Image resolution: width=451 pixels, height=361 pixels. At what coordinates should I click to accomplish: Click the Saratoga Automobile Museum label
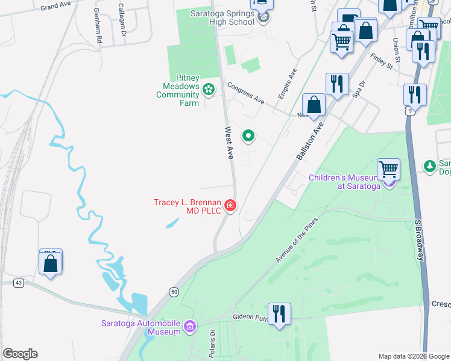tap(140, 327)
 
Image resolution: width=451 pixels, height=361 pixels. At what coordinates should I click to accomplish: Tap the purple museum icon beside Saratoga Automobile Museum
tap(190, 327)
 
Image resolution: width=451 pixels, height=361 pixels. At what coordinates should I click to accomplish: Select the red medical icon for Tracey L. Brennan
tap(230, 206)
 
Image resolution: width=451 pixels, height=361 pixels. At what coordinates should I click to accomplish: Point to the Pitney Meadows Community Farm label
tap(177, 90)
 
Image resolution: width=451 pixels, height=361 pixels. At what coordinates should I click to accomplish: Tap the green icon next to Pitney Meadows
tap(208, 90)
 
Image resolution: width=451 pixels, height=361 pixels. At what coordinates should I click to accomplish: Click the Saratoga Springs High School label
tap(222, 17)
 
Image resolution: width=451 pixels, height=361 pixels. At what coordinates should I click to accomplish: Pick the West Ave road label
tap(229, 143)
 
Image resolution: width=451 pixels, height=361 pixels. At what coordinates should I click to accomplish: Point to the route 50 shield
tap(174, 292)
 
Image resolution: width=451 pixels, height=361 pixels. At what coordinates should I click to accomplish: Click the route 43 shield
tap(19, 282)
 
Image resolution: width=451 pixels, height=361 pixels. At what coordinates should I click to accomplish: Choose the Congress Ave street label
tap(246, 93)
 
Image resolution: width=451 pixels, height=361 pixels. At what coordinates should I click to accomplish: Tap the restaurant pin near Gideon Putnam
tap(280, 314)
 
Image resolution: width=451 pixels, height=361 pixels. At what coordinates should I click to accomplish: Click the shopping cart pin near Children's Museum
tap(388, 169)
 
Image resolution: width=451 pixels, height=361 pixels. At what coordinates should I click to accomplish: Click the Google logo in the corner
tap(20, 354)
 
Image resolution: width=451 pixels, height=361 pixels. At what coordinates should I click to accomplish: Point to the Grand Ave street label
tap(56, 7)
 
